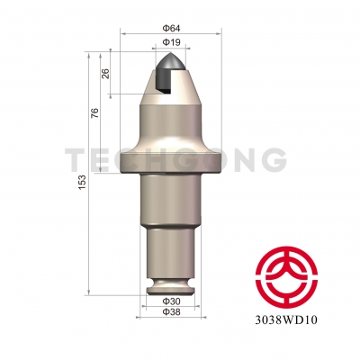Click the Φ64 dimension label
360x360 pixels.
tap(172, 29)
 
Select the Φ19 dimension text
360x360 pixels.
tap(172, 42)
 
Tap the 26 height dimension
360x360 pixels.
tap(106, 73)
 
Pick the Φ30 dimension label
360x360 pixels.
tap(171, 301)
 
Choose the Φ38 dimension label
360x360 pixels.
tap(171, 311)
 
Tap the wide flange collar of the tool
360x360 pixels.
tap(171, 161)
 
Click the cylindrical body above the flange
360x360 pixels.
tap(171, 126)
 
